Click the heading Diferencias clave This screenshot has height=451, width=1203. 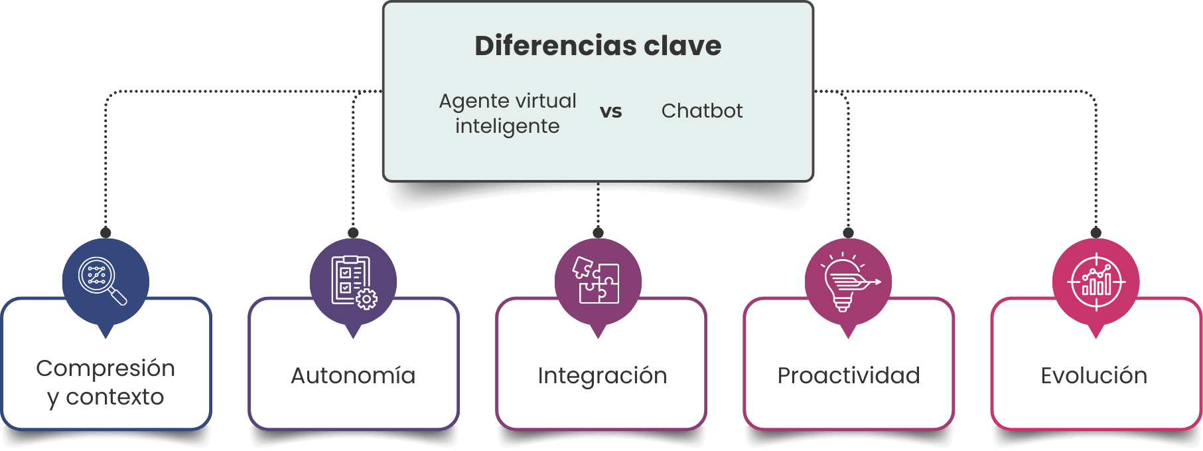click(598, 46)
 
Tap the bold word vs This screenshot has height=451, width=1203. click(611, 111)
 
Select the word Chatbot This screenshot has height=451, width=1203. click(702, 111)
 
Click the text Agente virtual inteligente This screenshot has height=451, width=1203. click(508, 114)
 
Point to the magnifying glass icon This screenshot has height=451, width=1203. click(102, 281)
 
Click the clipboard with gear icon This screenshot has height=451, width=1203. click(354, 282)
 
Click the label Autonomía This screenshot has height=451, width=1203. click(353, 376)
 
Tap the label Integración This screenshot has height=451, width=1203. click(602, 376)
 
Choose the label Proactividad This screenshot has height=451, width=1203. click(849, 376)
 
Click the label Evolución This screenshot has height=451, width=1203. click(1094, 376)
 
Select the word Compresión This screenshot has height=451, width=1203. click(106, 368)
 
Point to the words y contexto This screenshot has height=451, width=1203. click(106, 397)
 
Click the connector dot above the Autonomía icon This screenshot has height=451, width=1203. click(353, 232)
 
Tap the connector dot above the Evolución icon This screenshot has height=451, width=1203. click(1096, 232)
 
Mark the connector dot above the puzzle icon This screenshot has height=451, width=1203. click(598, 232)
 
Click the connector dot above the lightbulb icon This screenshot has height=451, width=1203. click(848, 232)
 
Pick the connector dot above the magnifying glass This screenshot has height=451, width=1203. click(106, 232)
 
